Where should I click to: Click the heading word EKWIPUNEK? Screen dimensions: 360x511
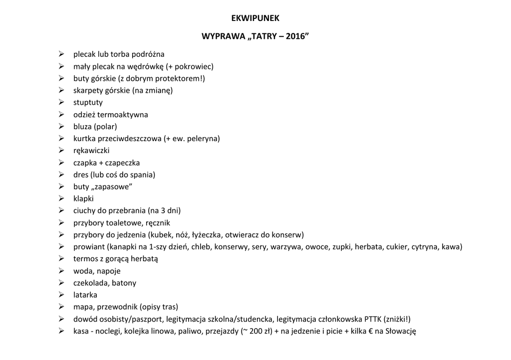255,18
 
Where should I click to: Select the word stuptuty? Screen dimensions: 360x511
88,103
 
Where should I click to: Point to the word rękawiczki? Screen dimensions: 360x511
91,151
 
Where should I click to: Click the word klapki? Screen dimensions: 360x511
83,199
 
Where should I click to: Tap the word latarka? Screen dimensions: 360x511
85,295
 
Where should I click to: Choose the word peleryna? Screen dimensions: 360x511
201,139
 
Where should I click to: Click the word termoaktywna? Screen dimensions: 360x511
123,115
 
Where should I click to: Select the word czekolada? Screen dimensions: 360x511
90,283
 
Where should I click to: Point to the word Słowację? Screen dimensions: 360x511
401,331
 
